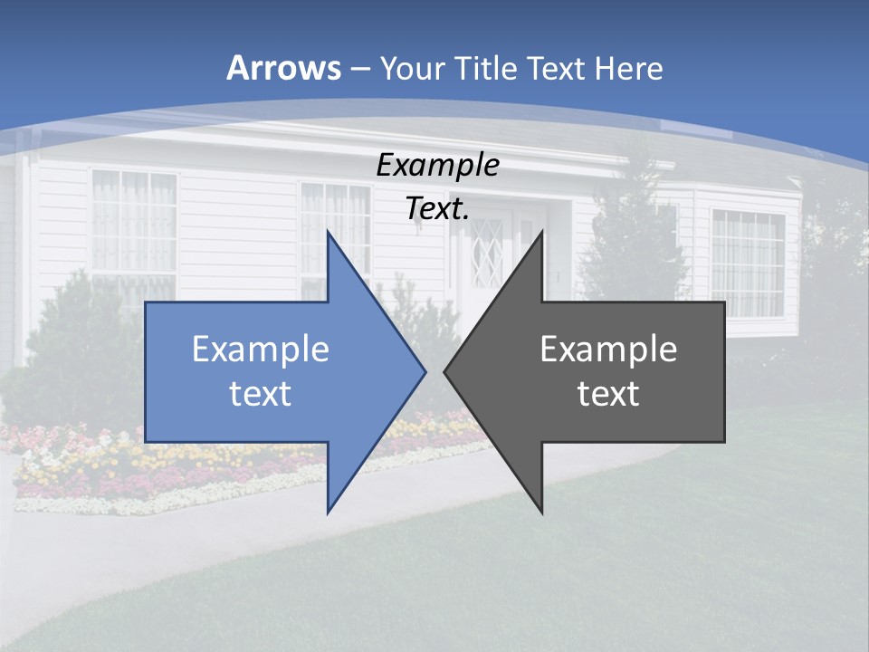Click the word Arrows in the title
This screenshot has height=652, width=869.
click(283, 68)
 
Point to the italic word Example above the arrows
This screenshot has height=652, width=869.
click(437, 165)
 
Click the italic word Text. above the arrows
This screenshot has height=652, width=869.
click(437, 209)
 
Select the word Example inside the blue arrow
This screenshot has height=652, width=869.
click(260, 350)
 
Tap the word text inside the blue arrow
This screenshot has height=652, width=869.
click(260, 394)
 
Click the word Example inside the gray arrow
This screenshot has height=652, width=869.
click(608, 350)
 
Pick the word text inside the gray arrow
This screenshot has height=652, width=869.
click(608, 394)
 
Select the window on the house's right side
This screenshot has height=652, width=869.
click(748, 263)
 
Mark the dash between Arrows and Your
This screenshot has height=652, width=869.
click(359, 69)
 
